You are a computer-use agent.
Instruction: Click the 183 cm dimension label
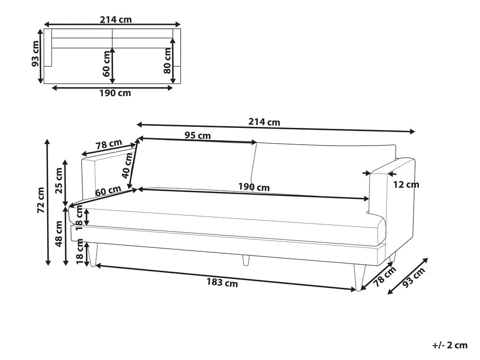point(222,282)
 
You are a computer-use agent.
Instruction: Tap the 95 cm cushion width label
point(198,135)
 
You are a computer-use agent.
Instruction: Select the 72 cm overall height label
point(40,200)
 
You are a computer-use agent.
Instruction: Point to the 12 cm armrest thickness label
point(406,185)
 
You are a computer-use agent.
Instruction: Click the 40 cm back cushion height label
point(127,165)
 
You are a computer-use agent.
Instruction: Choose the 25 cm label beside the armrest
point(58,181)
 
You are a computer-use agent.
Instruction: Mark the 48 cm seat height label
point(58,234)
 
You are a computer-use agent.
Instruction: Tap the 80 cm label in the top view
point(167,61)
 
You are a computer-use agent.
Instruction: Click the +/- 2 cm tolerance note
point(450,345)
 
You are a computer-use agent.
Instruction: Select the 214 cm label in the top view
point(116,20)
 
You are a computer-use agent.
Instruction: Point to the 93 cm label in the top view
point(35,53)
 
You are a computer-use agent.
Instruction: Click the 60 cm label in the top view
point(107,63)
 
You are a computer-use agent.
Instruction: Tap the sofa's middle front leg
point(246,260)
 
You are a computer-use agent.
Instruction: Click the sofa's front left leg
point(93,255)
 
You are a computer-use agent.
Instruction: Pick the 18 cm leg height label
point(80,252)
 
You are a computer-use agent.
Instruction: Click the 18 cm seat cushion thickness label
point(80,217)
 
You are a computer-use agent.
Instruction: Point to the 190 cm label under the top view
point(115,93)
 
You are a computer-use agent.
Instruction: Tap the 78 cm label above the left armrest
point(109,144)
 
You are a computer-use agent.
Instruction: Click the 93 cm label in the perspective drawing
point(414,277)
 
